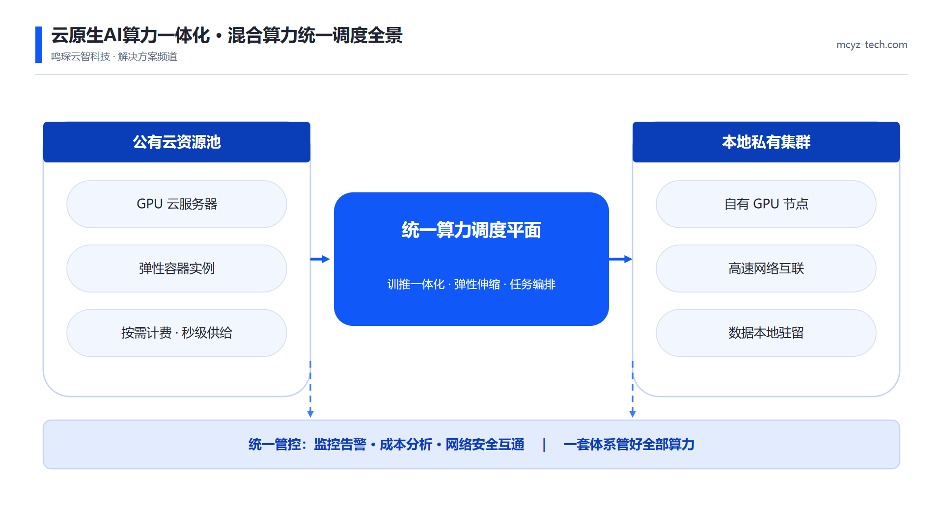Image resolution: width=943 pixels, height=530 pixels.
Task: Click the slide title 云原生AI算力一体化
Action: coord(131,35)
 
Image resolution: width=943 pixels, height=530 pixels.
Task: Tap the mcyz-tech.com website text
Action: coord(872,45)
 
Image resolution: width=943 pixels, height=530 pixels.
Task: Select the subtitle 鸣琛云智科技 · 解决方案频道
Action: coord(114,57)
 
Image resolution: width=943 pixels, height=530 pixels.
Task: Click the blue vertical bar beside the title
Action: coord(39,45)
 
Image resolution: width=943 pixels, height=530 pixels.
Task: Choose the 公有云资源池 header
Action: coord(177,142)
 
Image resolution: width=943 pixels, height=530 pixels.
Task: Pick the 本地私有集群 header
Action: coord(766,142)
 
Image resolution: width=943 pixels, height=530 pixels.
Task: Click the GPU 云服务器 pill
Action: coord(177,204)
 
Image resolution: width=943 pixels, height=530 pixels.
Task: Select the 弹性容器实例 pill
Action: coord(177,268)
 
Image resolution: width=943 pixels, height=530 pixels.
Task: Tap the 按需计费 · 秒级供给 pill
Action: coord(177,333)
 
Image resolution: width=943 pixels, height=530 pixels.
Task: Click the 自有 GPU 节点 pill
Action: coord(766,204)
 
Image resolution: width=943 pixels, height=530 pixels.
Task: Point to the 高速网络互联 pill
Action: coord(766,268)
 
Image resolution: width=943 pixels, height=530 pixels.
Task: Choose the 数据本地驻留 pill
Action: coord(766,333)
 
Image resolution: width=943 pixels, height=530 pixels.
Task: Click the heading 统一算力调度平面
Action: coord(471,230)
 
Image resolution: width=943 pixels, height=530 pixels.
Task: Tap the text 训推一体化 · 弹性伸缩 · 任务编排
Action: coord(471,284)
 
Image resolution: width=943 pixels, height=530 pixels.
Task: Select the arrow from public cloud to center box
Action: coord(320,259)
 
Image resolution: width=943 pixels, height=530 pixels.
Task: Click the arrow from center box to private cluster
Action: coord(621,259)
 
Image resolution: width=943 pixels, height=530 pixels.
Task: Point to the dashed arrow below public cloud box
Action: coord(310,389)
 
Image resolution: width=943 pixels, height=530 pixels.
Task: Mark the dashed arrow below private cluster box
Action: coord(633,389)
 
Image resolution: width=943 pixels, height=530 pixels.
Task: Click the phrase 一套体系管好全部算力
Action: coord(629,445)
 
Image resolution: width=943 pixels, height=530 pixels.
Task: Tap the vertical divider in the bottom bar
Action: coord(544,445)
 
